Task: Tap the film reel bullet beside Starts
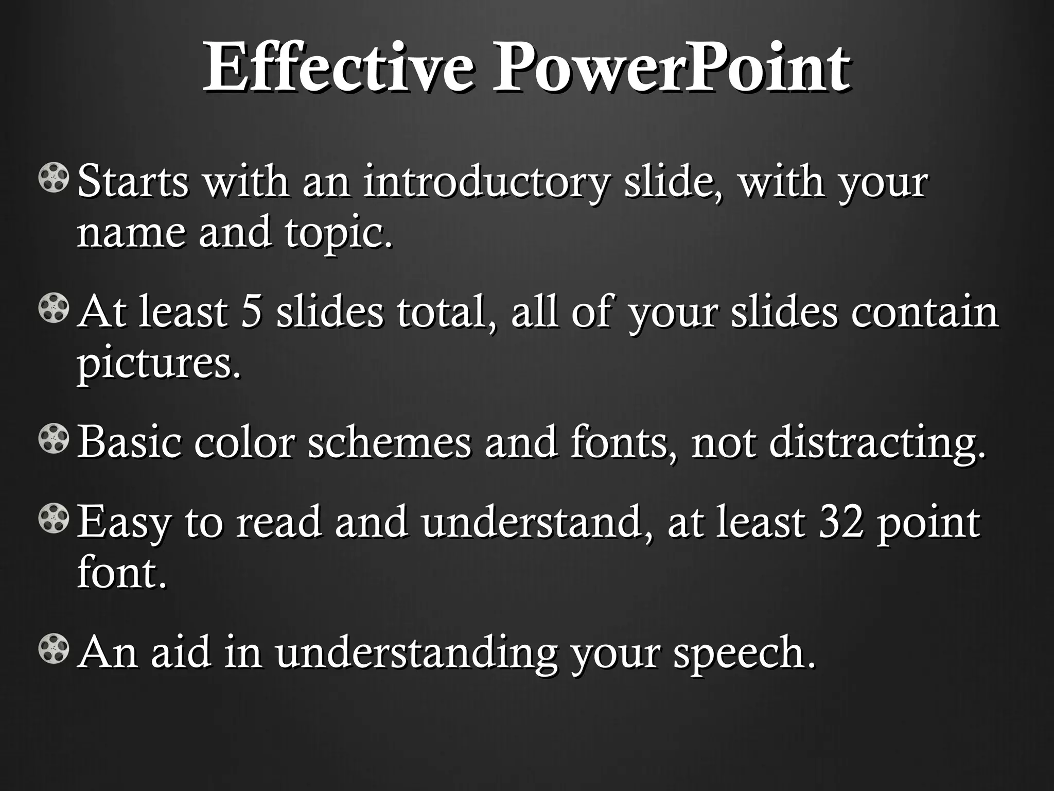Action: coord(53,178)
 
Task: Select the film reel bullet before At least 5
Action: coord(53,309)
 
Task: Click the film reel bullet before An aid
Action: coord(53,649)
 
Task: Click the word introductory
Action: coord(487,182)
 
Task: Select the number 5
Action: coord(252,313)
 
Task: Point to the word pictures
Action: coord(159,364)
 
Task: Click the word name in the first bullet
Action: coord(131,233)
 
